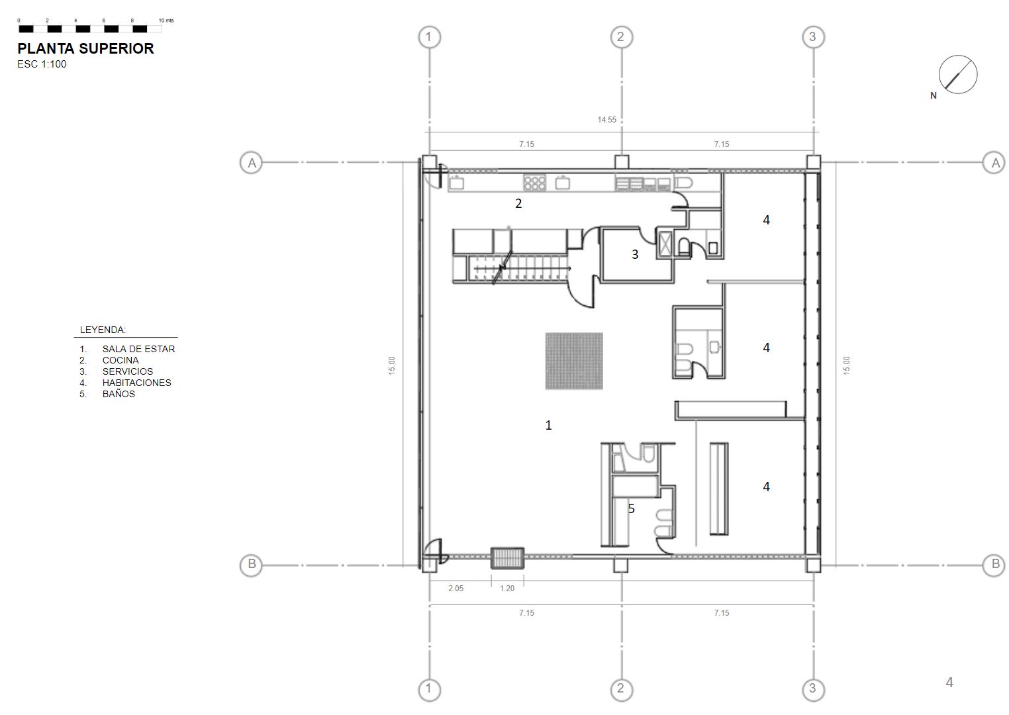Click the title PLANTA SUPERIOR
tap(85, 48)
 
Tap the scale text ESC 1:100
tap(42, 64)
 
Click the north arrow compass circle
tap(957, 74)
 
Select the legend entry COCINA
tap(120, 360)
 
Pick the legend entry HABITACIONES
tap(136, 383)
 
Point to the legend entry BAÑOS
tap(119, 393)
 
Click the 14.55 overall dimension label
tap(606, 119)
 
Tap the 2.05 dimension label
tap(456, 588)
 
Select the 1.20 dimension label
tap(506, 588)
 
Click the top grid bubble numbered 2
tap(622, 37)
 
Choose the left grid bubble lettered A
tap(252, 163)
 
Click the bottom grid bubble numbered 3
tap(813, 689)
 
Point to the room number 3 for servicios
tap(635, 254)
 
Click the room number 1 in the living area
tap(548, 425)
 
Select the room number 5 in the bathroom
tap(632, 508)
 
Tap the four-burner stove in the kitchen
tap(535, 183)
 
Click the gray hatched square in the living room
tap(574, 361)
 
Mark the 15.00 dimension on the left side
tap(391, 365)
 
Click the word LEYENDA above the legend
tap(103, 330)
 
